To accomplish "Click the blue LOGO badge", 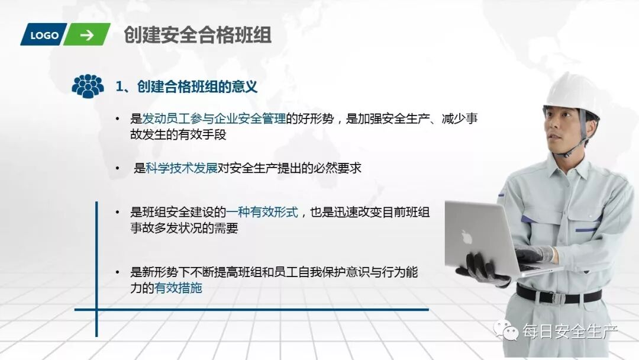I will [x=44, y=35].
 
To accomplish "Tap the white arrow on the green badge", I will [x=87, y=35].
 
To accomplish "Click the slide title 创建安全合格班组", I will [x=198, y=35].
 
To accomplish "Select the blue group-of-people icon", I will [x=88, y=86].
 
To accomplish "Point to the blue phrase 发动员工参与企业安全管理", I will [x=214, y=118].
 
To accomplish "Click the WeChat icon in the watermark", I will [x=506, y=330].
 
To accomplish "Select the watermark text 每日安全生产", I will [x=570, y=332].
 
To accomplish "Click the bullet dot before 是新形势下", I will [x=118, y=273].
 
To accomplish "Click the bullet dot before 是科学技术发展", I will [x=118, y=169].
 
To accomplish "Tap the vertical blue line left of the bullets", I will [x=96, y=266].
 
